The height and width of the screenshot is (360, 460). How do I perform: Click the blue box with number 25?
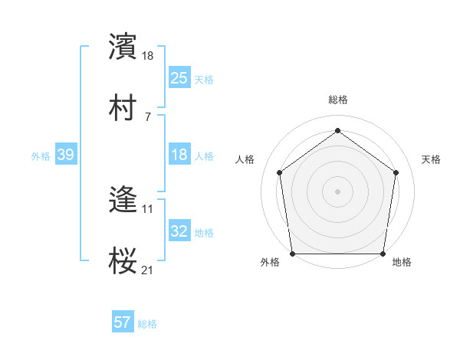(x=179, y=78)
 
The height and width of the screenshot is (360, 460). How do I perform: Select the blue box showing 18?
(x=179, y=155)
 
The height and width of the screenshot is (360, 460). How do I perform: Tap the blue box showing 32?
(x=179, y=232)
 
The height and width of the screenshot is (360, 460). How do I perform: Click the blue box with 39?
(x=65, y=155)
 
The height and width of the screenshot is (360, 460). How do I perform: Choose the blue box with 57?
(x=122, y=322)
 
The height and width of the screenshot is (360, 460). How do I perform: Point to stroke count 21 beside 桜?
(x=148, y=270)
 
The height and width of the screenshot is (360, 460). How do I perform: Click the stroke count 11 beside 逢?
(x=148, y=208)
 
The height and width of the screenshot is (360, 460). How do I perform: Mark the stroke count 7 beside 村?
(x=148, y=116)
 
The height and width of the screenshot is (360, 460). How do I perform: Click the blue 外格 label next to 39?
(x=41, y=156)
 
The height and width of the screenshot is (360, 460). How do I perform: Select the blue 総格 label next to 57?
(x=147, y=324)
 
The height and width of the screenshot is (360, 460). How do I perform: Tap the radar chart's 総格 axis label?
(x=337, y=100)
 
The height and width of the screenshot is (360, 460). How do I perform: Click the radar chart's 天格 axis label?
(x=431, y=159)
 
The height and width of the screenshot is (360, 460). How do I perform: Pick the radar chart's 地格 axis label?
(x=402, y=263)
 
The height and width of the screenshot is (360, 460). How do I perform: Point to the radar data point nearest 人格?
(x=279, y=172)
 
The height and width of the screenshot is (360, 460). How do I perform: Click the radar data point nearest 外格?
(x=293, y=254)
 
